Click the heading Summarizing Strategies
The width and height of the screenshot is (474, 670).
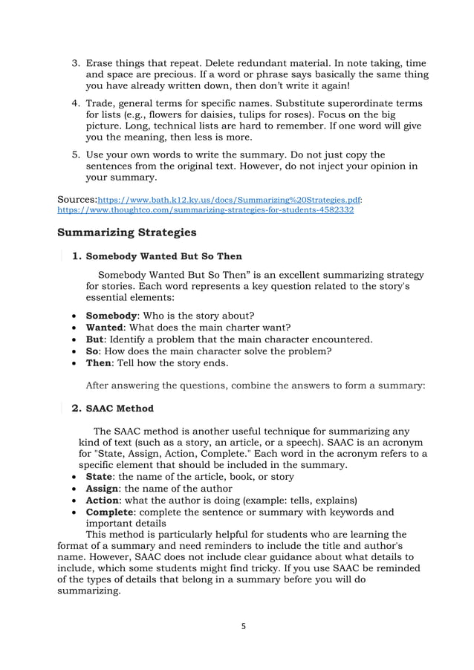tap(127, 232)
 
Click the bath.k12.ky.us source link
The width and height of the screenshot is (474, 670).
tap(230, 201)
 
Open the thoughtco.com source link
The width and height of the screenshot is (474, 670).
tap(205, 210)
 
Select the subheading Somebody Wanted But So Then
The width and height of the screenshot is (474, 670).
tap(164, 257)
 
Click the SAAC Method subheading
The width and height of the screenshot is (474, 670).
tap(120, 409)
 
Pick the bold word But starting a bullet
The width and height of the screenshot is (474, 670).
tap(95, 339)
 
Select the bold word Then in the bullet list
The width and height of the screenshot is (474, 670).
tap(100, 363)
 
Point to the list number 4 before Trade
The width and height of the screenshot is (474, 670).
tap(75, 103)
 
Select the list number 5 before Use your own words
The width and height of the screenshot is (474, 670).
tap(75, 155)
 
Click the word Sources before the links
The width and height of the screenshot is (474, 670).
tap(77, 200)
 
